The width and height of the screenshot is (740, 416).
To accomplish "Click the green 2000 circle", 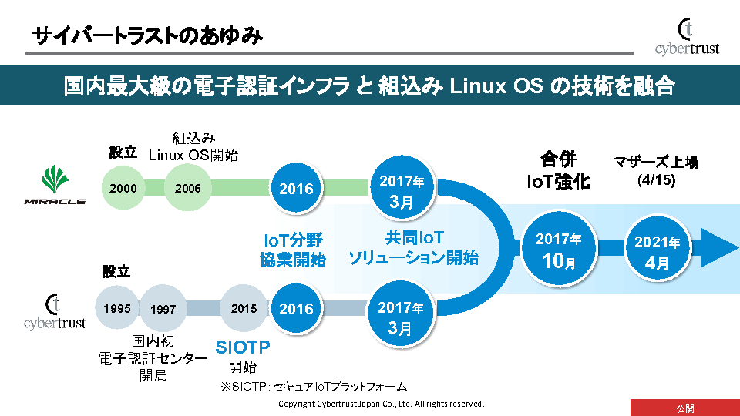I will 123,188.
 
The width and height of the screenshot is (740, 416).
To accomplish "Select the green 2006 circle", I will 187,188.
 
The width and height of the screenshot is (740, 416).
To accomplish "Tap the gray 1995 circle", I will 117,308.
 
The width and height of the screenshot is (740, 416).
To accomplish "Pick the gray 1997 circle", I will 163,309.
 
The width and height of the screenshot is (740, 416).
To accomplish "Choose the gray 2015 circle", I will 244,308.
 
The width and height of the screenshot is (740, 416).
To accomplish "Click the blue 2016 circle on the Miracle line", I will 297,189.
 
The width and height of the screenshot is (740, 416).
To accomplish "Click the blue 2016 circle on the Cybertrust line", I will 297,309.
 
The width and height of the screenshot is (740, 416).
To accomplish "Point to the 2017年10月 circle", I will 559,250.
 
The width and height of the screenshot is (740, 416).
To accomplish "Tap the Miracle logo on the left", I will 53,188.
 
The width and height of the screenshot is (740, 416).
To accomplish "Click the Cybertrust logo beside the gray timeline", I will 54,312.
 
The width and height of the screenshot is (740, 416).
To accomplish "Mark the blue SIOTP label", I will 243,348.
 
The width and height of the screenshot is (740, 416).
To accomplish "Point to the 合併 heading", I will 558,160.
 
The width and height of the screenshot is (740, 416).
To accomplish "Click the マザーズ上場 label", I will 655,162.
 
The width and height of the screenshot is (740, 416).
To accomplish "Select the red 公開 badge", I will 684,408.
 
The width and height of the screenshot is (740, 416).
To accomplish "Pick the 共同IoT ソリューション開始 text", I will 413,248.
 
